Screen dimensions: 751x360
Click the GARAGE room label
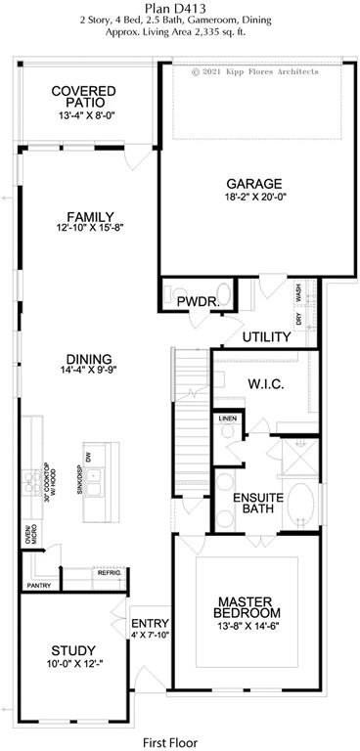tap(254, 183)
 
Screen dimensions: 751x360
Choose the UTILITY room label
tap(267, 337)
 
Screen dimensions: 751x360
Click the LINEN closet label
tap(227, 419)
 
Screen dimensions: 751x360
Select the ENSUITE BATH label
tap(258, 503)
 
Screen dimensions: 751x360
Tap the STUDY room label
tap(73, 650)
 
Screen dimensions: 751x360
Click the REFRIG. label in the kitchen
tap(108, 574)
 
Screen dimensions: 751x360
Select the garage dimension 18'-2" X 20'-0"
tap(254, 196)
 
